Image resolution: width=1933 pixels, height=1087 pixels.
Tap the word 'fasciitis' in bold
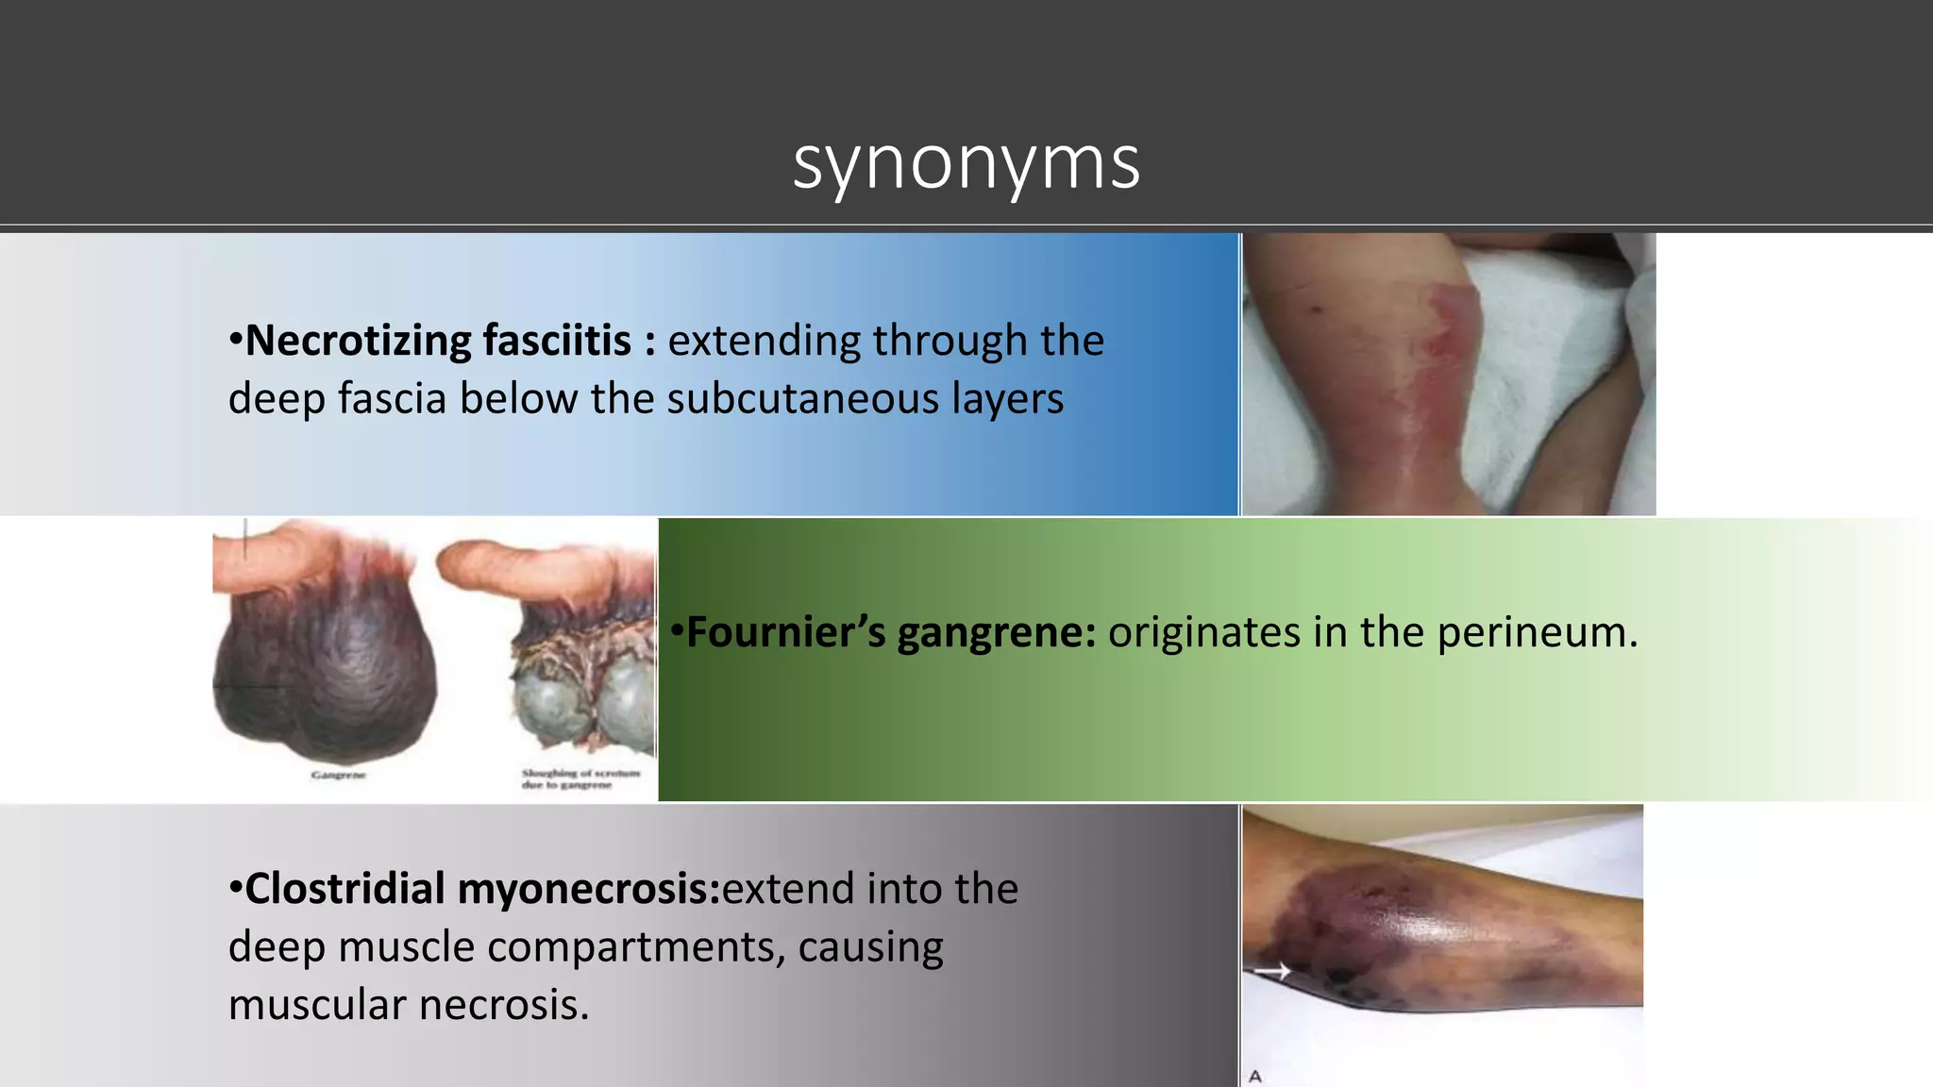point(557,341)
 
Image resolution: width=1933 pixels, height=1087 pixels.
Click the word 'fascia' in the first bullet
point(393,399)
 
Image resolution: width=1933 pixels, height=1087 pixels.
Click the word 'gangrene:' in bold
point(996,632)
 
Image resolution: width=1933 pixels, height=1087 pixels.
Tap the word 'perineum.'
point(1538,632)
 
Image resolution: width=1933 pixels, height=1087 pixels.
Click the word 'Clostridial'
point(345,889)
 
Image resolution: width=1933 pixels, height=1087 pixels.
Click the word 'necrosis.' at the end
point(504,1005)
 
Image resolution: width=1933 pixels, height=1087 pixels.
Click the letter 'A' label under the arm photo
point(1255,1076)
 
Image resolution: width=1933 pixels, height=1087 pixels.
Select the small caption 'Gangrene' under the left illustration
point(338,776)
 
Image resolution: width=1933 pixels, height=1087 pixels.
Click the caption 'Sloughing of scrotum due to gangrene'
point(580,778)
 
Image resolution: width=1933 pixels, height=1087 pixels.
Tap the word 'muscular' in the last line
point(317,1005)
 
